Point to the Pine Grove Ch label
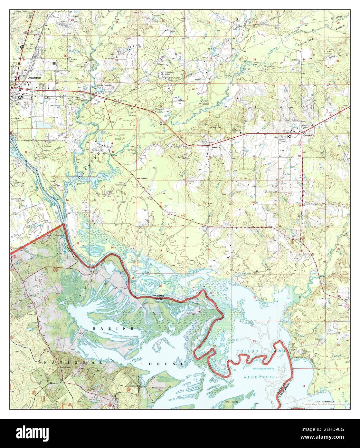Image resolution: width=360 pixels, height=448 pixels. click(142, 178)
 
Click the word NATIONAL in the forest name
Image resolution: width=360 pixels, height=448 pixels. click(74, 363)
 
